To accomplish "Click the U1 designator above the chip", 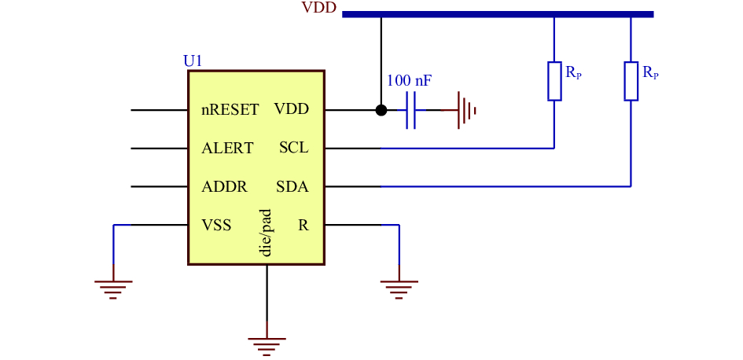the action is click(x=193, y=61).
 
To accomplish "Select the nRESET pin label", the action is click(x=230, y=110).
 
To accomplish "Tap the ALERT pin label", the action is click(x=227, y=149).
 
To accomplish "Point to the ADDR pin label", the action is click(x=224, y=186).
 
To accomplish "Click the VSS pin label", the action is click(x=216, y=225).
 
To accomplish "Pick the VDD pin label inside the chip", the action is click(x=292, y=109).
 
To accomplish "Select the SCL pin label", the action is click(x=294, y=148).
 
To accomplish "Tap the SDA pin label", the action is click(x=292, y=186).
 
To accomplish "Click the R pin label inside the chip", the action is click(x=303, y=225).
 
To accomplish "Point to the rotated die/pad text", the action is click(x=267, y=233).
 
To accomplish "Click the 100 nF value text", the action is click(x=410, y=80).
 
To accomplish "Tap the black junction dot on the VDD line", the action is click(x=381, y=110).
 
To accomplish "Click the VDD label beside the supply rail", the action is click(x=319, y=8).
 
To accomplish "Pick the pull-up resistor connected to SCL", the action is click(x=554, y=81).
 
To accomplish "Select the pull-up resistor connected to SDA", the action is click(x=631, y=81).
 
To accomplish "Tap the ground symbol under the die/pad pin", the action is click(x=267, y=347).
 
